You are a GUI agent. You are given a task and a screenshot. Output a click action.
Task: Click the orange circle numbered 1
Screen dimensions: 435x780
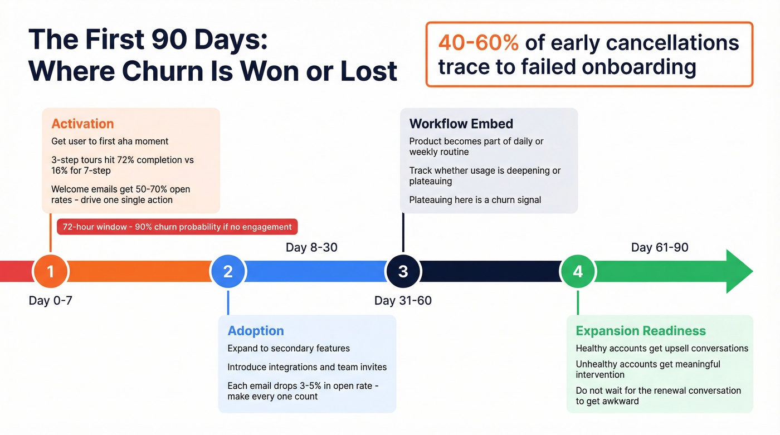(50, 271)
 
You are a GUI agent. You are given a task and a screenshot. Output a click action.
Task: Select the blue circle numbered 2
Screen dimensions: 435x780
(228, 271)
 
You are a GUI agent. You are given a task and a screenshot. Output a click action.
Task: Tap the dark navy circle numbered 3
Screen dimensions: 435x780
(403, 271)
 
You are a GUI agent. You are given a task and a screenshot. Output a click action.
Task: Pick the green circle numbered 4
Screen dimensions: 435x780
(578, 271)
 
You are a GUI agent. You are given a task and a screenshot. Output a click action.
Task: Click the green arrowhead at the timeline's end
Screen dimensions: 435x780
(739, 271)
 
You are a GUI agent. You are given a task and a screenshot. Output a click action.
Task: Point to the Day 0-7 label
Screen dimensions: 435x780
(50, 301)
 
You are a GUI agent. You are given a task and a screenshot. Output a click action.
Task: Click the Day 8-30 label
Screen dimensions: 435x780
(311, 247)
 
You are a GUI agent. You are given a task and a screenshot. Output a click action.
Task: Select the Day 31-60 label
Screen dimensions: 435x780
(403, 301)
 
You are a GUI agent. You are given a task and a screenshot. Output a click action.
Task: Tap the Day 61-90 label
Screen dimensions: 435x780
(660, 247)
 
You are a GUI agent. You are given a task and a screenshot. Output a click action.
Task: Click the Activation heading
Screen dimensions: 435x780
(82, 124)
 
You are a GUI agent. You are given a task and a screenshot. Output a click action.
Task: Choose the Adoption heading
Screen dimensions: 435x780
(256, 331)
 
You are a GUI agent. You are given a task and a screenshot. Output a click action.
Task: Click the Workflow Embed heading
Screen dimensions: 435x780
(461, 124)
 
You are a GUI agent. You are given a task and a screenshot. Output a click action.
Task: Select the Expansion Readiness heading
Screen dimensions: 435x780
(641, 331)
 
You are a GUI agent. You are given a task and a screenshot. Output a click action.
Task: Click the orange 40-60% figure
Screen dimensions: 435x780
(478, 42)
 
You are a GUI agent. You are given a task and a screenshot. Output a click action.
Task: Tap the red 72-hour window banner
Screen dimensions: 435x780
(177, 227)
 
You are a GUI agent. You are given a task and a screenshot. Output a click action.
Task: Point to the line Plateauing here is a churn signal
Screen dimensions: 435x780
(475, 200)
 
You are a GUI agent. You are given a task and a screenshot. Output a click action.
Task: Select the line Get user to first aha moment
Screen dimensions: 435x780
(110, 141)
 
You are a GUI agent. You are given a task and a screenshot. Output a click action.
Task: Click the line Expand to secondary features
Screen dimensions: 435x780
(289, 349)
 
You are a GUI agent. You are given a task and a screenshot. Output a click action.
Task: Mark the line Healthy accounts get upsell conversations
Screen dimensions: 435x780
(662, 349)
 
